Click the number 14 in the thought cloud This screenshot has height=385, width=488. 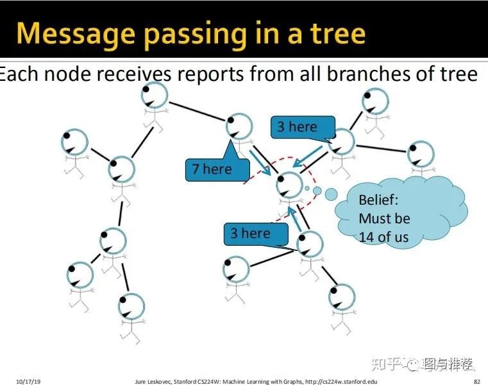click(366, 237)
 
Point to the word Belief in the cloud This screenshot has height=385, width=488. click(378, 200)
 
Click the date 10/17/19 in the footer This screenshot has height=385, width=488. click(28, 381)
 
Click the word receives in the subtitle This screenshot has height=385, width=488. click(134, 74)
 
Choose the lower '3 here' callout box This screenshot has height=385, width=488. click(256, 234)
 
